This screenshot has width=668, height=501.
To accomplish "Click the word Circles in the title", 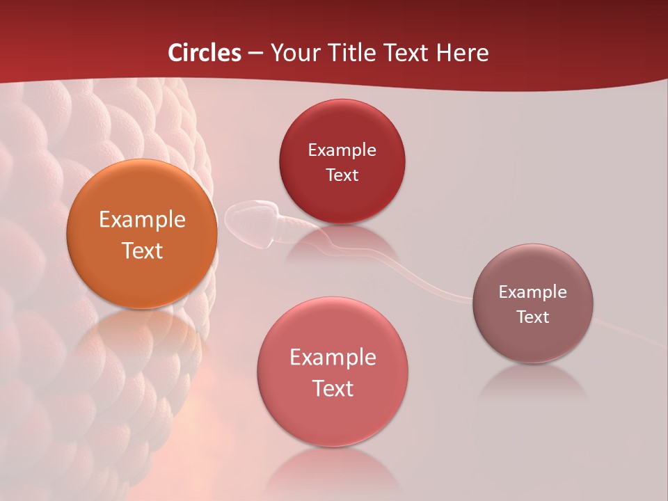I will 205,53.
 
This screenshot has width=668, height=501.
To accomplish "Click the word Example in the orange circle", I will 142,220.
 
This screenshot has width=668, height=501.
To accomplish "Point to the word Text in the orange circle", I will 142,250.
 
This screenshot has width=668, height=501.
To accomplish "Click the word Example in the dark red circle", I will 342,150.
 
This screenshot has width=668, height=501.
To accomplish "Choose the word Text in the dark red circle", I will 342,175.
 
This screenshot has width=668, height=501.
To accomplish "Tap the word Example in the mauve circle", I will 533,292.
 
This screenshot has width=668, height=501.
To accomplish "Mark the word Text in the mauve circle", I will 533,317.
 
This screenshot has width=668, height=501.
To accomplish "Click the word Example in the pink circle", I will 333,358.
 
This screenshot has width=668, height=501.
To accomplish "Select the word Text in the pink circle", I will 333,388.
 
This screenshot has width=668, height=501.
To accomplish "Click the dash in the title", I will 255,54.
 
